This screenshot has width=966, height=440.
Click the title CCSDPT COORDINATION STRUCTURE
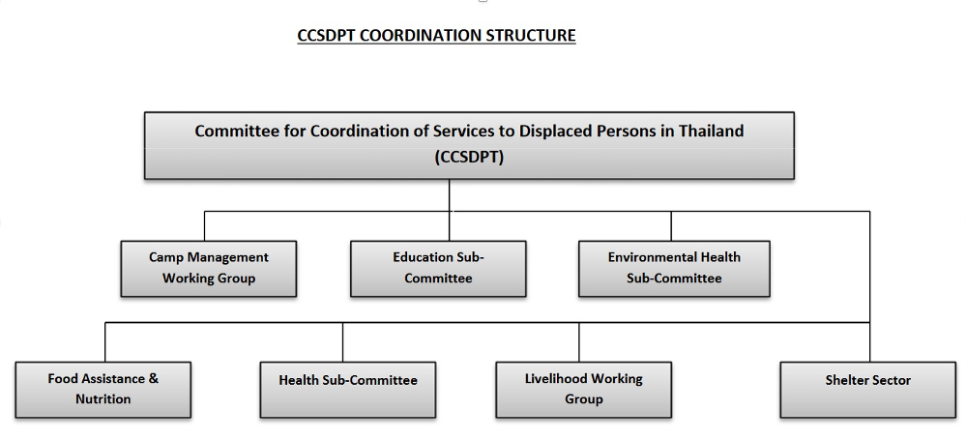tap(436, 36)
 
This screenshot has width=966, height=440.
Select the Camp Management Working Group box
tap(208, 269)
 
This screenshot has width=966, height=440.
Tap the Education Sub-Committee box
tap(438, 269)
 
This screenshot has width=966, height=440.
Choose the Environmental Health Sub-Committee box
tap(674, 269)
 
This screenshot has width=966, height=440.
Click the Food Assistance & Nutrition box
tap(102, 390)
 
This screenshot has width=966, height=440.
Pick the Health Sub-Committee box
tap(347, 390)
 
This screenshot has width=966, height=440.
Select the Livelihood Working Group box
tap(583, 390)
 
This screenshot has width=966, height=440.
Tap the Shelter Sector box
tap(868, 390)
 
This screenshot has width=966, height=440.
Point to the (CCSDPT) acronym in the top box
tap(469, 157)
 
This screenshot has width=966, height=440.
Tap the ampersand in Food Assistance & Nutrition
tap(154, 378)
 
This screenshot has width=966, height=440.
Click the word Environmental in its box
tap(648, 257)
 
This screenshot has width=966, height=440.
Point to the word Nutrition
tap(102, 399)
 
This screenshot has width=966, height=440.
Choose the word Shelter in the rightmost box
tap(845, 380)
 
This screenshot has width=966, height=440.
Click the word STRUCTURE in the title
tap(531, 36)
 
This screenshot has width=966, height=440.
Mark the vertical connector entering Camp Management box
tap(205, 226)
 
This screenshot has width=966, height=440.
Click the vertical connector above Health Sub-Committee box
tap(342, 342)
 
